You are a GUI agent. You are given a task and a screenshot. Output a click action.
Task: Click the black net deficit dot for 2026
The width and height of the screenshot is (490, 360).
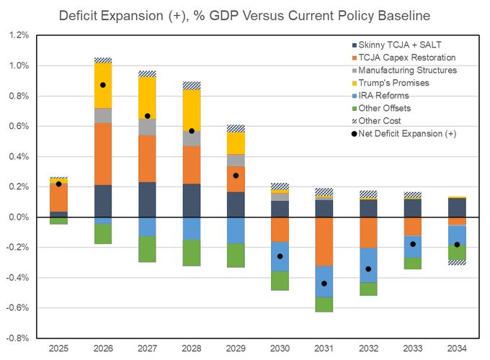coord(103,85)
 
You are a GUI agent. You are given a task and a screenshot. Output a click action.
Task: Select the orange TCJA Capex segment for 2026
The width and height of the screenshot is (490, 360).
coord(103,154)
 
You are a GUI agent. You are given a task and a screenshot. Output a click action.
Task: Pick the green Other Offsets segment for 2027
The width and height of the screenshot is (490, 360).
coord(148,248)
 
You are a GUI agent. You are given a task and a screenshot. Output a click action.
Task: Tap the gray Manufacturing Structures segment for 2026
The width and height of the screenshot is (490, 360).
coord(103,115)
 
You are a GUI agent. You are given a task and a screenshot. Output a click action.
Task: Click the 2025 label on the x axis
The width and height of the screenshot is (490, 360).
coord(58,348)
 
